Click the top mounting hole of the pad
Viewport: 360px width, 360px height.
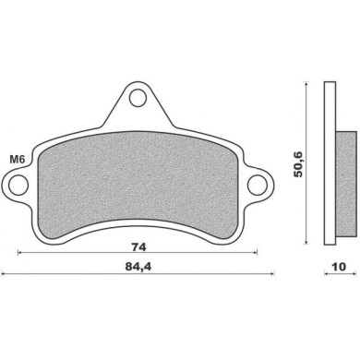(139, 96)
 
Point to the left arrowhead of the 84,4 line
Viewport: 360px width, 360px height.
(5, 274)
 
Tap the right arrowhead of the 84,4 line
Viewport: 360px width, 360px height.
(275, 274)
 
